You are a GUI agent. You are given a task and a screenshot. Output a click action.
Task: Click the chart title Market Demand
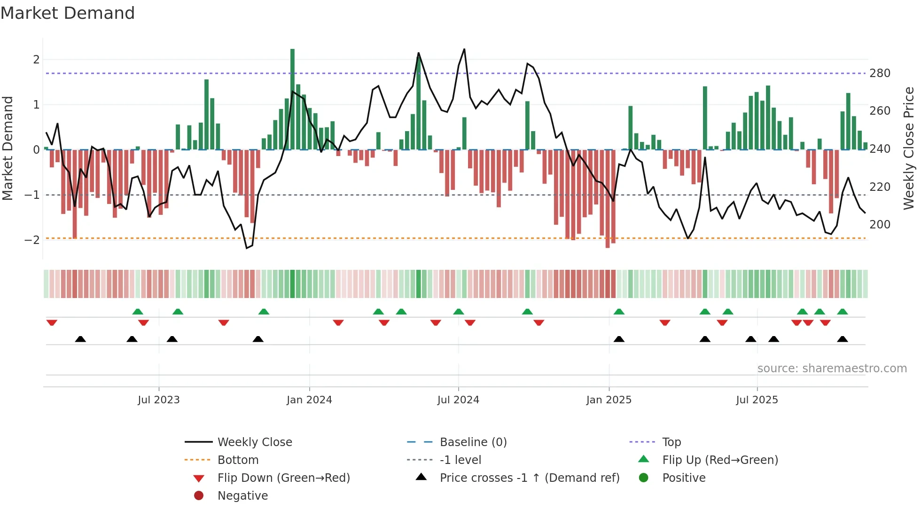[68, 13]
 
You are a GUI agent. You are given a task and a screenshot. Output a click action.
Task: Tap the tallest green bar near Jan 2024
[292, 99]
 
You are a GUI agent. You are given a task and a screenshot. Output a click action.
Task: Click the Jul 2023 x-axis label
[159, 400]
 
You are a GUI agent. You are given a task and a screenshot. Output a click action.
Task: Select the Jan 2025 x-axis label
[609, 400]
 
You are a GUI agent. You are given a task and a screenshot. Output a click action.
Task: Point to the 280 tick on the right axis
[880, 73]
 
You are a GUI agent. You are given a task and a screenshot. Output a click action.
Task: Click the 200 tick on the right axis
[880, 225]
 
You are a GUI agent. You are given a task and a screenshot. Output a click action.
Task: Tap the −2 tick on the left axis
[32, 240]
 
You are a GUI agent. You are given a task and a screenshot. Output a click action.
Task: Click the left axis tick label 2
[36, 60]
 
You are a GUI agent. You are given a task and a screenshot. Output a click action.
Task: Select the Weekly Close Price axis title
[909, 148]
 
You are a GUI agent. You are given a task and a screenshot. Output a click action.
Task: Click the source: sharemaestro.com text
[832, 369]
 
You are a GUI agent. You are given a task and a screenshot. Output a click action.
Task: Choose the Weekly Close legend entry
[254, 442]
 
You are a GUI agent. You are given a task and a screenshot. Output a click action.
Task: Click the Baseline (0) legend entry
[473, 442]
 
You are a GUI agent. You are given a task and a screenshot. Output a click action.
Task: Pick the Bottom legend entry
[238, 460]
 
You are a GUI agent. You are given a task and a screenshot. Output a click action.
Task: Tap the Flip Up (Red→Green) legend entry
[720, 460]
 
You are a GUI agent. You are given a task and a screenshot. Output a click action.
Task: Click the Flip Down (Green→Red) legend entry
[283, 478]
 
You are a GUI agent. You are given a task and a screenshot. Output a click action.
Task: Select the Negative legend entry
[242, 496]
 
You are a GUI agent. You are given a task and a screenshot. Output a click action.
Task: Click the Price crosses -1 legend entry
[529, 478]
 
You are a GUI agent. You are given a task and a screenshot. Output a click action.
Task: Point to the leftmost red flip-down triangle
[52, 322]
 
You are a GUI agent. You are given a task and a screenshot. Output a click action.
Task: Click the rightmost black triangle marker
[843, 339]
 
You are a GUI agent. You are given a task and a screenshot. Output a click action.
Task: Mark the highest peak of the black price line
[464, 49]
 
